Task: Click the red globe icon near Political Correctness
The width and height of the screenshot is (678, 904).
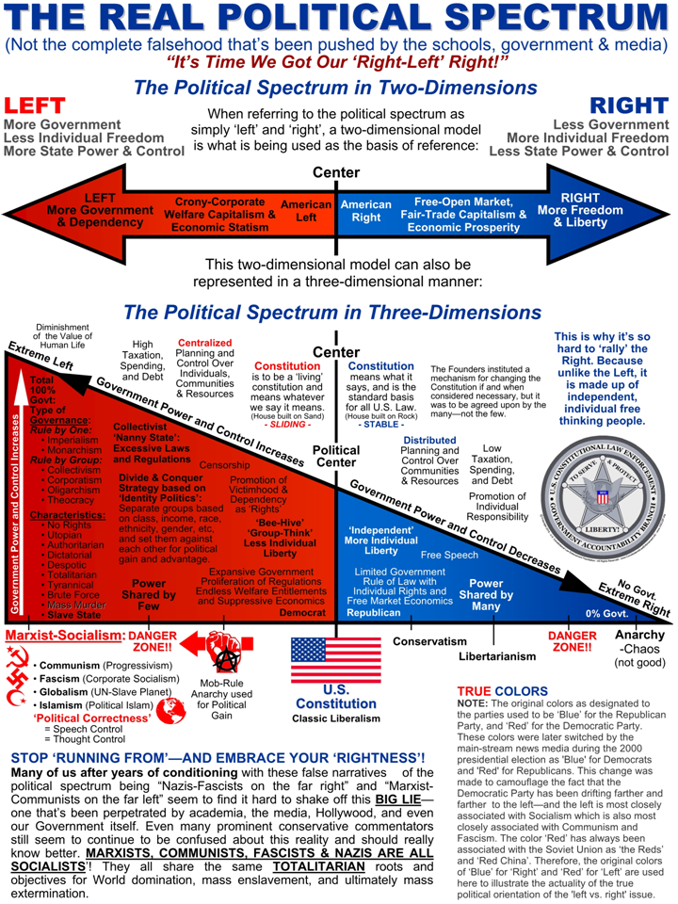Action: [171, 713]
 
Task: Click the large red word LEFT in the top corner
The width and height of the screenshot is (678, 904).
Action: [35, 105]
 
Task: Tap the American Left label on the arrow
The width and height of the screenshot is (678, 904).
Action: [306, 211]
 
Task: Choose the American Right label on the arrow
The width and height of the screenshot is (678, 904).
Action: [365, 211]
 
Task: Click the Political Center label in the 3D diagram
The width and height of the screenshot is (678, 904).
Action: [336, 456]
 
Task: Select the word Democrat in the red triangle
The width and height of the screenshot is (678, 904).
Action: [302, 614]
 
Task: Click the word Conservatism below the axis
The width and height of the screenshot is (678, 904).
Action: [429, 642]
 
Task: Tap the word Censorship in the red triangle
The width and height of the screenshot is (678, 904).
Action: [224, 465]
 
